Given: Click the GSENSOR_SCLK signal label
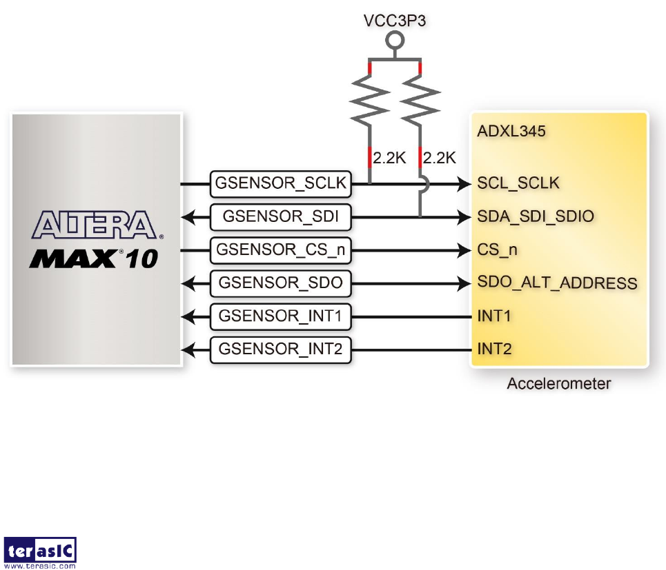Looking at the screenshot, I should tap(280, 184).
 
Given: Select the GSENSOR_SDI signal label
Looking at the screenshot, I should tap(280, 217).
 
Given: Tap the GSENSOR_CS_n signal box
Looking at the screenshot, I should tap(280, 250).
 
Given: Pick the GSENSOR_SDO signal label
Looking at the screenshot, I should tap(280, 283).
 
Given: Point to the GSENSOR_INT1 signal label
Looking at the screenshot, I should tap(280, 316).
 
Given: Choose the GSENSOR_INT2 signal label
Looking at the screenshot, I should tap(280, 349).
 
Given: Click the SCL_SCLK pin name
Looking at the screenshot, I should tap(518, 184).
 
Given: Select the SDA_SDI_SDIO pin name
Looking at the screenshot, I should tap(536, 217).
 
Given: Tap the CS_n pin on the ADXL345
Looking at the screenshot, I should tap(497, 250).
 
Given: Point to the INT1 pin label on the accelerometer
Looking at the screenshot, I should tap(495, 316).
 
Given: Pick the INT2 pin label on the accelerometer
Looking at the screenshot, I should tap(495, 349).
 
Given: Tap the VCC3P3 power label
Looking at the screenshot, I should tap(395, 20).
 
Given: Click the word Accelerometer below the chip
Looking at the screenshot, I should tap(558, 384).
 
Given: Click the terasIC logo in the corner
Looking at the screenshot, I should tap(40, 551).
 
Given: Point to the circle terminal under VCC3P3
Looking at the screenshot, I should tap(395, 40).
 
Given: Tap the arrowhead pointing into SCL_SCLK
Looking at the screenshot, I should tap(465, 184).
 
